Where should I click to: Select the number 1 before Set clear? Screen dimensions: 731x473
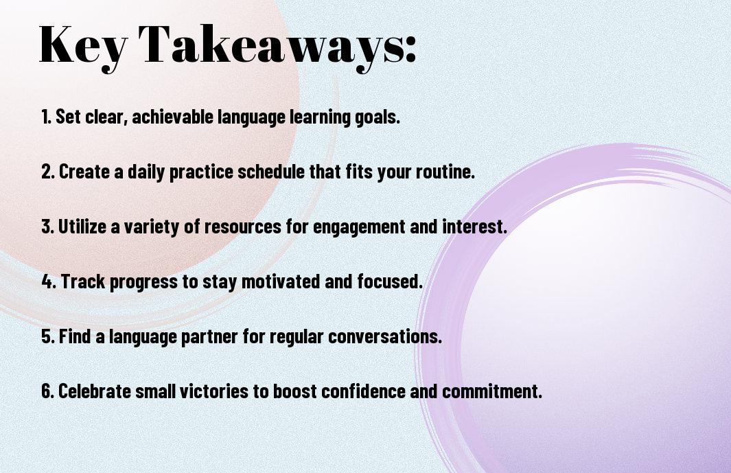[x=45, y=117]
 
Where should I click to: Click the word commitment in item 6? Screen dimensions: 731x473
[x=492, y=391]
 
